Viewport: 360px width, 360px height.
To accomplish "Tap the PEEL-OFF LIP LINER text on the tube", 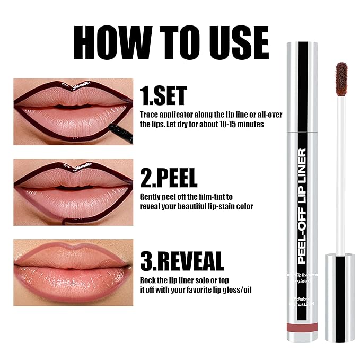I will coord(303,207).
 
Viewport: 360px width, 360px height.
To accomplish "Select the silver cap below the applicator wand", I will coord(339,297).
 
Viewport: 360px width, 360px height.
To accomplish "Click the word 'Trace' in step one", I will coord(148,115).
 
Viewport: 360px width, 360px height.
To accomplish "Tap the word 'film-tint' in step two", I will coord(215,197).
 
